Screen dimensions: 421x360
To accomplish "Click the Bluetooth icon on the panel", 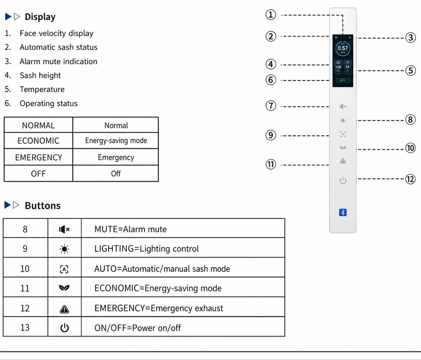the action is pos(343,212).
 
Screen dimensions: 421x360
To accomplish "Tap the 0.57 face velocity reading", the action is pos(343,48).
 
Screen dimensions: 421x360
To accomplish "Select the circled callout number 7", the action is pos(271,106).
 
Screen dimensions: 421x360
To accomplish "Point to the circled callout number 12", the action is pos(410,179).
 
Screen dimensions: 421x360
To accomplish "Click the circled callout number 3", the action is pos(410,38).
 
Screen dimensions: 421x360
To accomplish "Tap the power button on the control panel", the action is pos(343,180).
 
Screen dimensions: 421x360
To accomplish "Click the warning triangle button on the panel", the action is pos(343,161).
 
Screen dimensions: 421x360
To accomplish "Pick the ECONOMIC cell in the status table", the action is pos(38,141).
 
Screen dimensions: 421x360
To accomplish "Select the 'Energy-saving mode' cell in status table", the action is pos(116,141).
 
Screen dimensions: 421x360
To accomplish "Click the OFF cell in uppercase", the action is pos(38,174).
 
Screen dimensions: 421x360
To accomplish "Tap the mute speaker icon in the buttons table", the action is pos(64,230).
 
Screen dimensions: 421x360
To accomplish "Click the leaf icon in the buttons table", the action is pos(64,288).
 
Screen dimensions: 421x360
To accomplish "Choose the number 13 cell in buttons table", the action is pos(25,327).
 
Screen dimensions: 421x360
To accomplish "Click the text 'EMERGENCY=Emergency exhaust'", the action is pos(159,308).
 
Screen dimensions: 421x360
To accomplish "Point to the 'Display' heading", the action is pos(40,17).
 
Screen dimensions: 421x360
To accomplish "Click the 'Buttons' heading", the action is pos(43,206).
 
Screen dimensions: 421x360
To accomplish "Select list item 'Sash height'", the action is pos(40,75).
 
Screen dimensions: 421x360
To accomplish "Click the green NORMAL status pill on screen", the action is pos(343,80).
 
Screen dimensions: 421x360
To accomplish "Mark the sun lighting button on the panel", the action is pos(343,121).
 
